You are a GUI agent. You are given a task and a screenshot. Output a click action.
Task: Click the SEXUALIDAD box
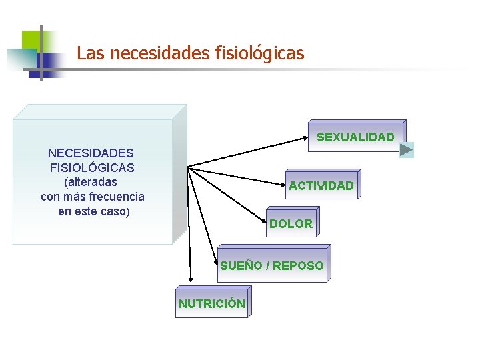[x=355, y=137]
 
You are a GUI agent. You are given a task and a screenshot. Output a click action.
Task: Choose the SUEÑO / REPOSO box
[x=272, y=265]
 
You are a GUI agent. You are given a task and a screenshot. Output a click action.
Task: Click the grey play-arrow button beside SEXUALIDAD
[x=407, y=150]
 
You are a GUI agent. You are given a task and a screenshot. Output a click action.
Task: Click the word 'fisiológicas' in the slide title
[x=263, y=53]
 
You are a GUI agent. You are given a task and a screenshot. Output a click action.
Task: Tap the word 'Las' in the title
[x=91, y=53]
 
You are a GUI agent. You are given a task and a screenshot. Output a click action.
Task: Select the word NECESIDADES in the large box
[x=91, y=153]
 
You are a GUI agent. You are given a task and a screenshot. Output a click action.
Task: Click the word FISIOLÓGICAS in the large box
[x=92, y=168]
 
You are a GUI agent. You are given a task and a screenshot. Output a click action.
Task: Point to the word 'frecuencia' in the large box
[x=115, y=197]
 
